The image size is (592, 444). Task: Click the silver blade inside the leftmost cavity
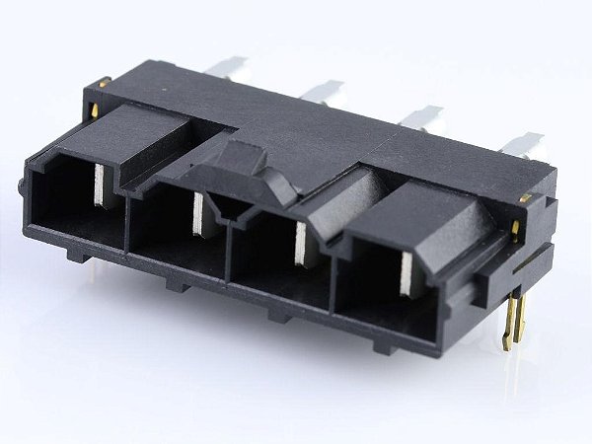[x=101, y=185]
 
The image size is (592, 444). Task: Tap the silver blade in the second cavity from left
[x=197, y=215]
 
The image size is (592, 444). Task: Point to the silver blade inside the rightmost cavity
[x=407, y=273]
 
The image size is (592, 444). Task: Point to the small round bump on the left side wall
[x=21, y=185]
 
